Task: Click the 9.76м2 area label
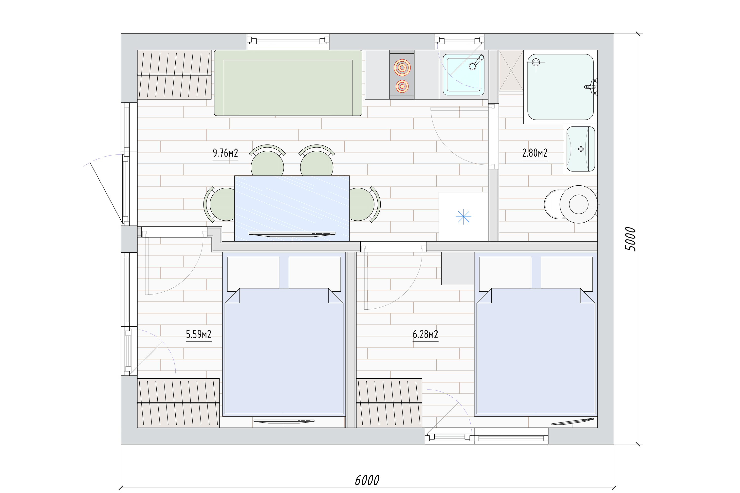click(x=225, y=153)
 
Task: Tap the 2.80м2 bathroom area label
click(x=535, y=153)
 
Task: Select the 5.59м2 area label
click(x=199, y=334)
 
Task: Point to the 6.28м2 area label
click(x=425, y=334)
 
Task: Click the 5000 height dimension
click(x=630, y=239)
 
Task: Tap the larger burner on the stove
click(x=402, y=68)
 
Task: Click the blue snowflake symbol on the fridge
click(x=463, y=217)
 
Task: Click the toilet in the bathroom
click(x=571, y=204)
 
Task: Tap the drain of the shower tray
click(x=536, y=62)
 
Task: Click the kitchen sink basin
click(x=463, y=74)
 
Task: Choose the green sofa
click(x=288, y=83)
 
